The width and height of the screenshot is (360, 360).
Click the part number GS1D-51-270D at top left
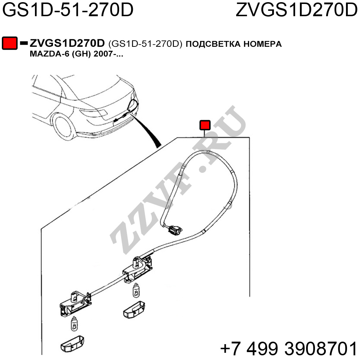tap(68, 11)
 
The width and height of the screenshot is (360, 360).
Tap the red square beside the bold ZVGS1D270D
tap(10, 43)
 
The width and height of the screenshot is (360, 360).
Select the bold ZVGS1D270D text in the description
tap(67, 44)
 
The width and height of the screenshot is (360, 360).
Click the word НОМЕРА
tap(263, 44)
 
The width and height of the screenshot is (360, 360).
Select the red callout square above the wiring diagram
tap(205, 125)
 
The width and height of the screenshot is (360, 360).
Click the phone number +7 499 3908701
tap(288, 348)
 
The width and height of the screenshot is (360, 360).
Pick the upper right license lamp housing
tap(139, 268)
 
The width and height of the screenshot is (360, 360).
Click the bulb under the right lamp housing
tap(136, 290)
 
